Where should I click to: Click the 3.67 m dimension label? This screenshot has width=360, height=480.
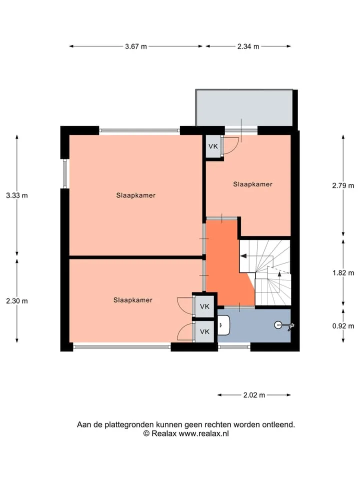(x=136, y=46)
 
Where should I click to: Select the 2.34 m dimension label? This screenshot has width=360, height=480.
(x=248, y=46)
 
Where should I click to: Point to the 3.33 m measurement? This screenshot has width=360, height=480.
(x=17, y=195)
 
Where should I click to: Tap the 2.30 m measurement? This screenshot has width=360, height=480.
(x=17, y=301)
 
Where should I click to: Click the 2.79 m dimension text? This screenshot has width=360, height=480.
(x=343, y=185)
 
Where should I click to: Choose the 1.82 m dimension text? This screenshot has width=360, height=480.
(x=343, y=273)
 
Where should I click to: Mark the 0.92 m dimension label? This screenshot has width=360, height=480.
(x=343, y=326)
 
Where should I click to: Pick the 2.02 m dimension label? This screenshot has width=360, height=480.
(x=254, y=395)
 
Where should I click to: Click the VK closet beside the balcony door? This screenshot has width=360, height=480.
(x=213, y=146)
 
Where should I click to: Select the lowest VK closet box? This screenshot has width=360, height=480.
(x=204, y=331)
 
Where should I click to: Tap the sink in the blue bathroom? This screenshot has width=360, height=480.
(x=224, y=325)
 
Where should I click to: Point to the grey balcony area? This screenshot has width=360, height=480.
(x=244, y=108)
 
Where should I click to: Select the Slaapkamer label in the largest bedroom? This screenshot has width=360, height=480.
(x=136, y=195)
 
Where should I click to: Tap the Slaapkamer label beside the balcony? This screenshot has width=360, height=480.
(x=253, y=184)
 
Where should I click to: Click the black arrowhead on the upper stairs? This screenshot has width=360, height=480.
(x=243, y=256)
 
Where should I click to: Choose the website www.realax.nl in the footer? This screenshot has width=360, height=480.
(x=204, y=433)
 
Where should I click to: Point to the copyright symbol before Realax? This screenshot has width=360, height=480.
(x=146, y=433)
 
